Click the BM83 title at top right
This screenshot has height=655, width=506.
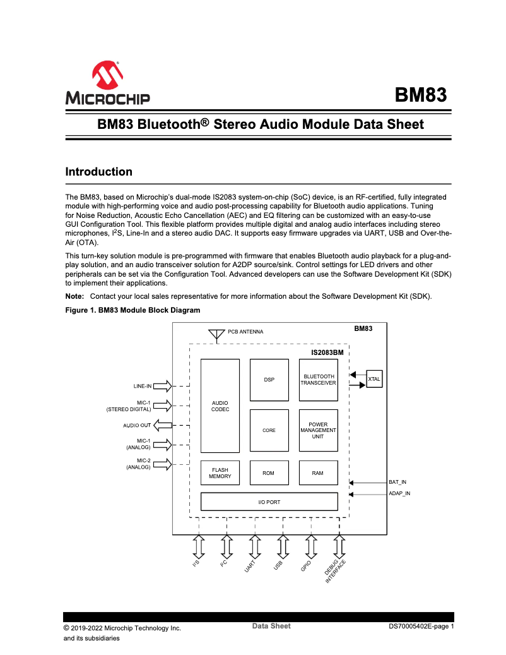tap(421, 95)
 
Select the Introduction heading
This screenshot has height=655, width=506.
tap(99, 172)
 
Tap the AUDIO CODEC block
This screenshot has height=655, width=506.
tap(220, 406)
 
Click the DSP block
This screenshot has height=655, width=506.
tap(269, 380)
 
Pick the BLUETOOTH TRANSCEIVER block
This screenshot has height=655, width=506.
tap(318, 380)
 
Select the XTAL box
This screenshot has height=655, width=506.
tap(374, 379)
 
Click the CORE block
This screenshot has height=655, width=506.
tap(269, 430)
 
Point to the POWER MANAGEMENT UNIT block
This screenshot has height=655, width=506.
tap(318, 430)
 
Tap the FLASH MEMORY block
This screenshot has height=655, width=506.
tap(220, 473)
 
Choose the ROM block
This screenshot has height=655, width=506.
tap(269, 473)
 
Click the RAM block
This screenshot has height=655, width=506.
tap(318, 473)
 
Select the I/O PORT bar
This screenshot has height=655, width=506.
tap(269, 502)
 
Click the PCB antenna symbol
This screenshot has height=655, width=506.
tap(216, 334)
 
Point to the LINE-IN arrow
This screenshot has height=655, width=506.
tap(162, 386)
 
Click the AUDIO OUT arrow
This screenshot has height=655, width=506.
tap(162, 425)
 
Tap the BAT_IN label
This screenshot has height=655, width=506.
tap(397, 482)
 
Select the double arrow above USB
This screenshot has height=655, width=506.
tap(283, 545)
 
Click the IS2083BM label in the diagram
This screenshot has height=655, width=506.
tap(327, 352)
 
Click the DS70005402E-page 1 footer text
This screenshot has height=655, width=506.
tap(421, 627)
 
